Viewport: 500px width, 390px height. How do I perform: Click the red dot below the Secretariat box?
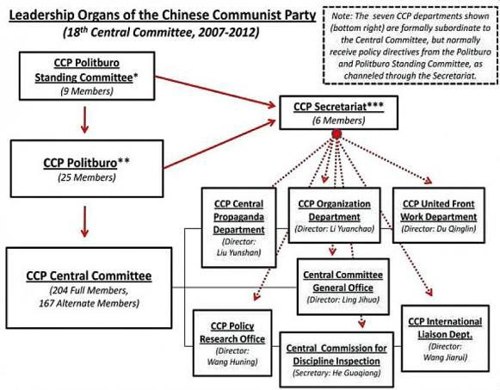click(338, 136)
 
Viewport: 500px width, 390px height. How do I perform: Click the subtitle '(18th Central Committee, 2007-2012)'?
click(152, 31)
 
